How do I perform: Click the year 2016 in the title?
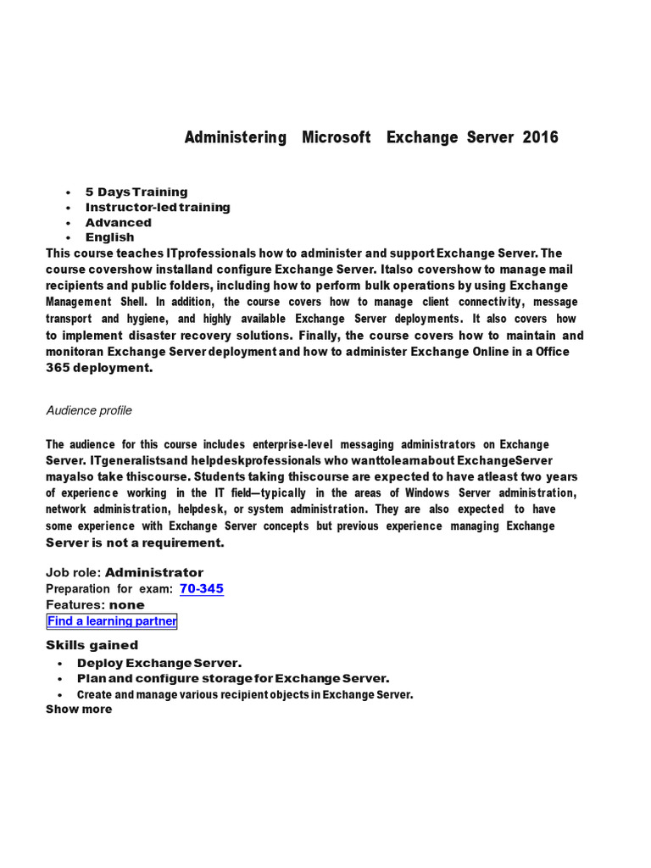point(541,137)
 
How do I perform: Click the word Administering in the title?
point(236,137)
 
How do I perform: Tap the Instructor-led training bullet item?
point(158,208)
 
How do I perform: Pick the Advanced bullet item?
point(119,223)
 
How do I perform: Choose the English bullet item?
point(109,238)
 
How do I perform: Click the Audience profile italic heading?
point(89,411)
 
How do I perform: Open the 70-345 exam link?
point(202,589)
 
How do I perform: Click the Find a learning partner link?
point(112,621)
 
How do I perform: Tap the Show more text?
point(79,709)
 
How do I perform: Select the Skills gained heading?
point(92,646)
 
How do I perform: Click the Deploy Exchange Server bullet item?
point(159,663)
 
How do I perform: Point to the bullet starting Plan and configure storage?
point(233,679)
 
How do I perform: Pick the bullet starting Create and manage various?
point(245,694)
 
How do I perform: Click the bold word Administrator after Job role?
point(154,573)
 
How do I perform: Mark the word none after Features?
point(127,605)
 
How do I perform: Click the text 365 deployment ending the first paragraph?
point(99,368)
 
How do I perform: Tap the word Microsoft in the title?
point(337,137)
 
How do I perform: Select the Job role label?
point(73,573)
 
